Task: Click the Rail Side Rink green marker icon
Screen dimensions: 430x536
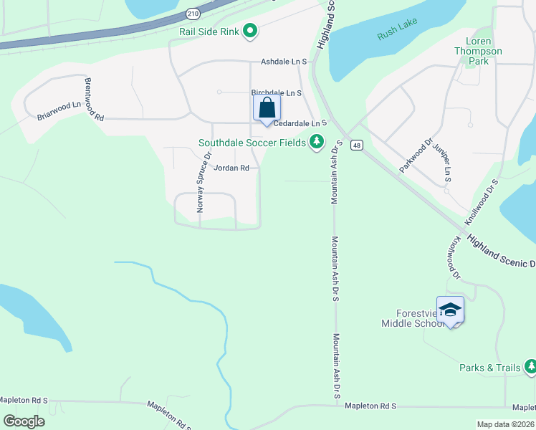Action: click(x=250, y=31)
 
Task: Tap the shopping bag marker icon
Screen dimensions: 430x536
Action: click(x=267, y=109)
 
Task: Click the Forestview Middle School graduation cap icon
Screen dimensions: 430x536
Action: click(x=450, y=310)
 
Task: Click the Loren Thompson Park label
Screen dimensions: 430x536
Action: click(x=478, y=51)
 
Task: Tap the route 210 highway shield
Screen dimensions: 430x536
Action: click(x=193, y=13)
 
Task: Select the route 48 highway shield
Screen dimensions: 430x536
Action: click(x=358, y=145)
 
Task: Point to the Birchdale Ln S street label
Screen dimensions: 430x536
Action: click(x=277, y=93)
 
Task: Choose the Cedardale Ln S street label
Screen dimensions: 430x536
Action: click(x=300, y=123)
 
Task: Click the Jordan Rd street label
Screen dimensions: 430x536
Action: click(x=231, y=168)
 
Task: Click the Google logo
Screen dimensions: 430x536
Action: click(x=24, y=421)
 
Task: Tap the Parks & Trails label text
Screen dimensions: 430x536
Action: click(x=490, y=368)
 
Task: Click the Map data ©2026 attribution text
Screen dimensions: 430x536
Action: click(x=505, y=424)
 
